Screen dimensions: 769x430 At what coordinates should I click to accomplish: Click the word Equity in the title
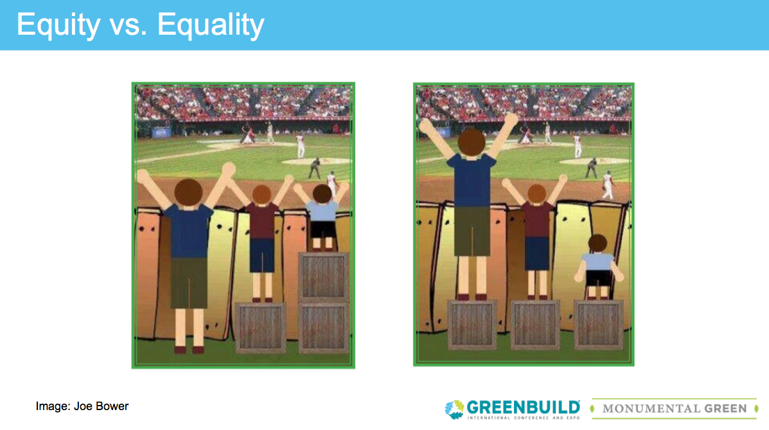(x=58, y=25)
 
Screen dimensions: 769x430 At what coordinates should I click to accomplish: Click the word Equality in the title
(x=211, y=25)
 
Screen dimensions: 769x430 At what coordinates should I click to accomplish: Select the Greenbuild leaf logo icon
(x=454, y=409)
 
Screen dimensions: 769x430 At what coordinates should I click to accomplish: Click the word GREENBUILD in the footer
(x=524, y=407)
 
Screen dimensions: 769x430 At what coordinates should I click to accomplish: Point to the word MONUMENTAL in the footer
(x=651, y=408)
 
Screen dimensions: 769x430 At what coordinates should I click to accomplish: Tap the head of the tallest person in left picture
(x=188, y=192)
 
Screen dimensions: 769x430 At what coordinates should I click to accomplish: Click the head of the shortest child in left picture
(x=323, y=193)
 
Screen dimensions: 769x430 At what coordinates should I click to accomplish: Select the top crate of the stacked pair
(x=324, y=276)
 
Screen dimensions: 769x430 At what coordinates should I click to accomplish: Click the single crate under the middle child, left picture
(x=261, y=327)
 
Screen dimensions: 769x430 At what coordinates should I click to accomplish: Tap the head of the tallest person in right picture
(x=472, y=142)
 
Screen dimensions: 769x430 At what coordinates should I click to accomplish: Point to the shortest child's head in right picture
(x=597, y=243)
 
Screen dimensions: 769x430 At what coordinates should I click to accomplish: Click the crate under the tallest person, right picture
(x=472, y=325)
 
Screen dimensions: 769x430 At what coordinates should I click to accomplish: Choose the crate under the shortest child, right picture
(x=598, y=325)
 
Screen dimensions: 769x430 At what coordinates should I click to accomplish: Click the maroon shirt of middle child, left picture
(x=262, y=221)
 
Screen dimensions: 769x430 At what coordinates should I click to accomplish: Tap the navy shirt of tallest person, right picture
(x=472, y=181)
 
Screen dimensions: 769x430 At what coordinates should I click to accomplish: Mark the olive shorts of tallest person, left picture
(x=190, y=283)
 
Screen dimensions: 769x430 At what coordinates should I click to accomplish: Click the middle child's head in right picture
(x=536, y=193)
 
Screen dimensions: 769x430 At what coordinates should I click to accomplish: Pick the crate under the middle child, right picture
(x=536, y=325)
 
